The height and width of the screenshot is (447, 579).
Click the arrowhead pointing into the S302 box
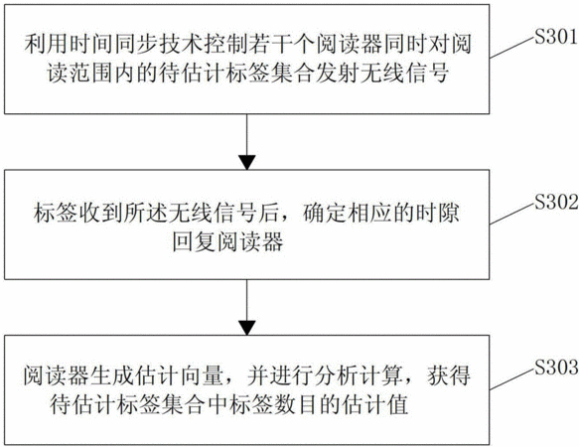tap(246, 163)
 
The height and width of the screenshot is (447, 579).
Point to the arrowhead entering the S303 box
tap(246, 328)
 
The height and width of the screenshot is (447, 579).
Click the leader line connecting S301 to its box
tap(512, 48)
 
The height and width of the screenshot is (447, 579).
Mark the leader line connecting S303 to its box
tap(512, 378)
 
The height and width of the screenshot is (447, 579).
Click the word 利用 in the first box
tap(47, 44)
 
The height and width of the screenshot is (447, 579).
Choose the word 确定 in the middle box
tap(326, 214)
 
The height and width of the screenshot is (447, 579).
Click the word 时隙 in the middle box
tap(438, 214)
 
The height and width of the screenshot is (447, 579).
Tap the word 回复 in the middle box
tap(195, 242)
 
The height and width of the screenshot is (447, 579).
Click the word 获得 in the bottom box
tap(449, 375)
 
